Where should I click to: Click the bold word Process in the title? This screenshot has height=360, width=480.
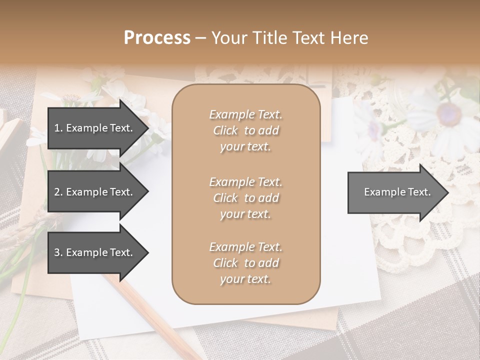[157, 37]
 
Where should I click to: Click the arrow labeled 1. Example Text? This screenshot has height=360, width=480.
[95, 128]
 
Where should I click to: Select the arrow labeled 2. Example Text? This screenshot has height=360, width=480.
[95, 192]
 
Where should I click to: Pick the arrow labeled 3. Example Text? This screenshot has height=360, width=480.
[95, 252]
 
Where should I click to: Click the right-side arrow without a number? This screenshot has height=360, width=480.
[395, 192]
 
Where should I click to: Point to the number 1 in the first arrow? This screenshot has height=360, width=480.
[56, 128]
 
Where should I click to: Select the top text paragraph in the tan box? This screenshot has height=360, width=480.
[245, 130]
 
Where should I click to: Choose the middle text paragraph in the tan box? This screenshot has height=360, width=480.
[245, 198]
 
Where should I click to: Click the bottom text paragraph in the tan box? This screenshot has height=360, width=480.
[245, 263]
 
